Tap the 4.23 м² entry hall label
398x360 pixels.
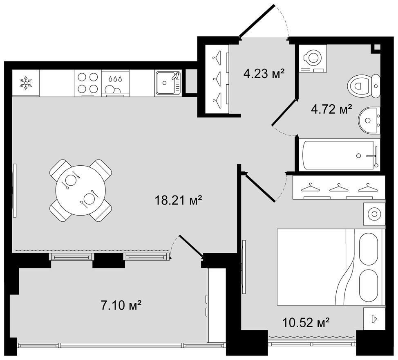264,74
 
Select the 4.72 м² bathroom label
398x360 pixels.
331,110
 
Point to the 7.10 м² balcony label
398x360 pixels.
121,305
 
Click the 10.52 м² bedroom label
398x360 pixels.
306,323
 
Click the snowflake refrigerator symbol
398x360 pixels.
26,83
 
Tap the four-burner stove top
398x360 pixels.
88,83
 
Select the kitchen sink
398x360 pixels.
168,83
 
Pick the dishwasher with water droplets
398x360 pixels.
115,83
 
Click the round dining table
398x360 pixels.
80,190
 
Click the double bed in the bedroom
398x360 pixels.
329,267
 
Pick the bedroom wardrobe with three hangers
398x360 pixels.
339,187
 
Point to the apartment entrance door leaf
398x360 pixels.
257,21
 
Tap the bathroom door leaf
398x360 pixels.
284,112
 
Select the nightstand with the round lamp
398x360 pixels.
374,214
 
